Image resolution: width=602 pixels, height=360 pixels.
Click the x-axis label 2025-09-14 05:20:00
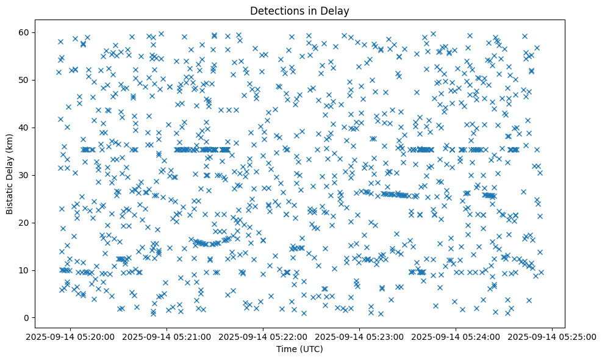71,336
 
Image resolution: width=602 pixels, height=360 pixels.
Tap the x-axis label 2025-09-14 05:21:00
167,336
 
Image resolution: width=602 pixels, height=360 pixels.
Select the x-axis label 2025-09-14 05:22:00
263,336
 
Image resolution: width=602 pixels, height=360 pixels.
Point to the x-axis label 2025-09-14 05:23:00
360,336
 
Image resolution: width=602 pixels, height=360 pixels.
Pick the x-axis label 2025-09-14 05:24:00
456,336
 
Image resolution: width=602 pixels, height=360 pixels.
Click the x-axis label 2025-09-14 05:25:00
553,336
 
